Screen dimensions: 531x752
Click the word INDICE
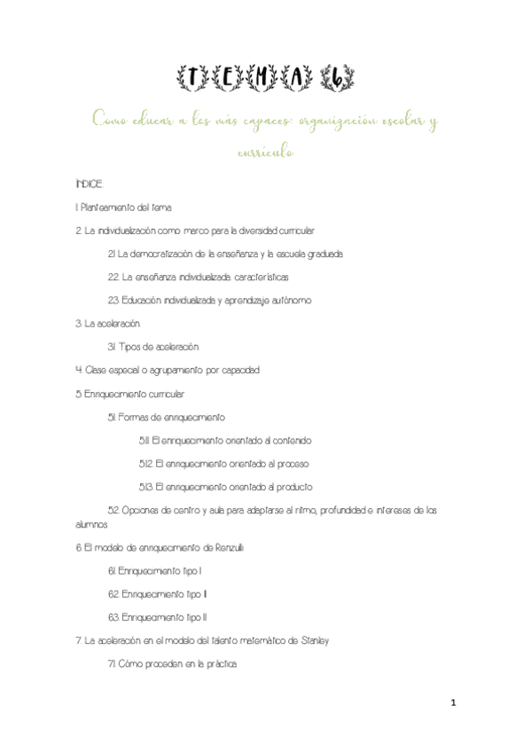[x=89, y=184]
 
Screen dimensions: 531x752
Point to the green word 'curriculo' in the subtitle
[x=265, y=152]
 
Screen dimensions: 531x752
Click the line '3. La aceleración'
[x=108, y=324]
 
